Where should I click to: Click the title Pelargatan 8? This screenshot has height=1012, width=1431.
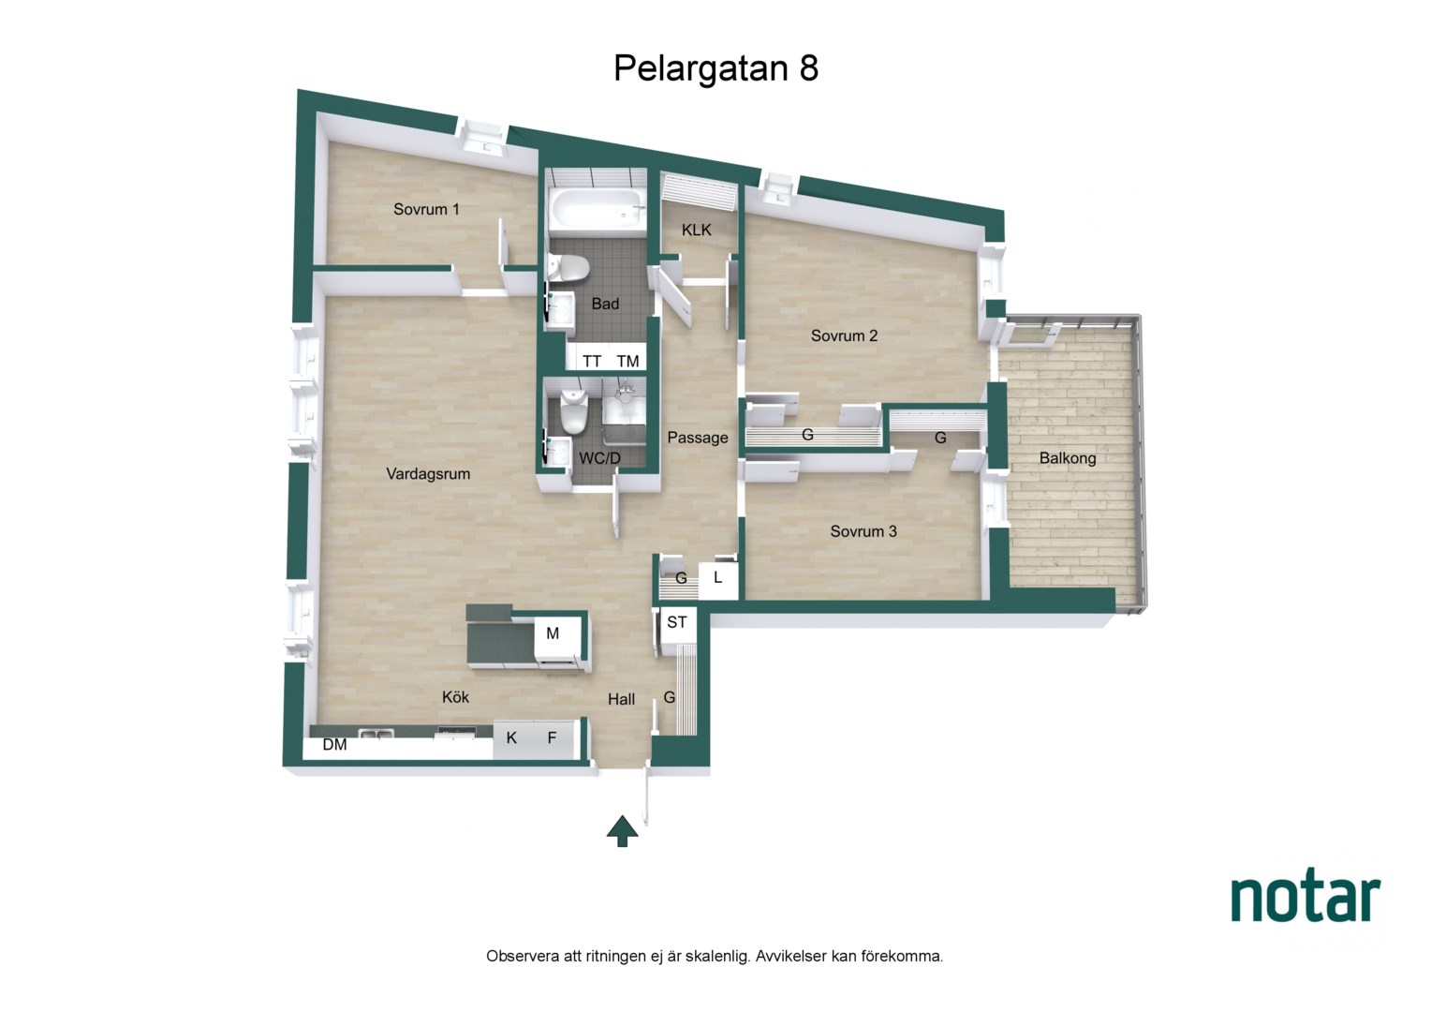[715, 68]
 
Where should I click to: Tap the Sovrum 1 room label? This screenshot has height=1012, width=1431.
[426, 209]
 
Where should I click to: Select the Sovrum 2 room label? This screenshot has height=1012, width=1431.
[844, 335]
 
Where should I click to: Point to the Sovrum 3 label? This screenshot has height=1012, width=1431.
[863, 531]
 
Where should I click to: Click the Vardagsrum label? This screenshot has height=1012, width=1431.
[428, 474]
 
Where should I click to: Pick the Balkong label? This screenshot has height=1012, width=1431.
[1068, 458]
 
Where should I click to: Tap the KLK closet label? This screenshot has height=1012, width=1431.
[697, 231]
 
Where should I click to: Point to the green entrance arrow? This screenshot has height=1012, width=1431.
[622, 831]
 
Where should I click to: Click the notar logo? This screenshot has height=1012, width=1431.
[1306, 895]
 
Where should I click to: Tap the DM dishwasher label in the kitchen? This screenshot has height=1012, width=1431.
[334, 745]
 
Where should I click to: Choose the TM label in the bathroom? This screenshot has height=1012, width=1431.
[628, 362]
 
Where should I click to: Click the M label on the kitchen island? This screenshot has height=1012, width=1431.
[553, 633]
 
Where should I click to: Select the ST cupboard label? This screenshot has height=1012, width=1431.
[677, 622]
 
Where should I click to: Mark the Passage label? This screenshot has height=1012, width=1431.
[698, 438]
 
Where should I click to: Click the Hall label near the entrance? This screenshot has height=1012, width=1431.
[621, 700]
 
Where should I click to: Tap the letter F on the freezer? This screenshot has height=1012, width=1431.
[552, 738]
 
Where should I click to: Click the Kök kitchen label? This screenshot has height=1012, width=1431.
[455, 697]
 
